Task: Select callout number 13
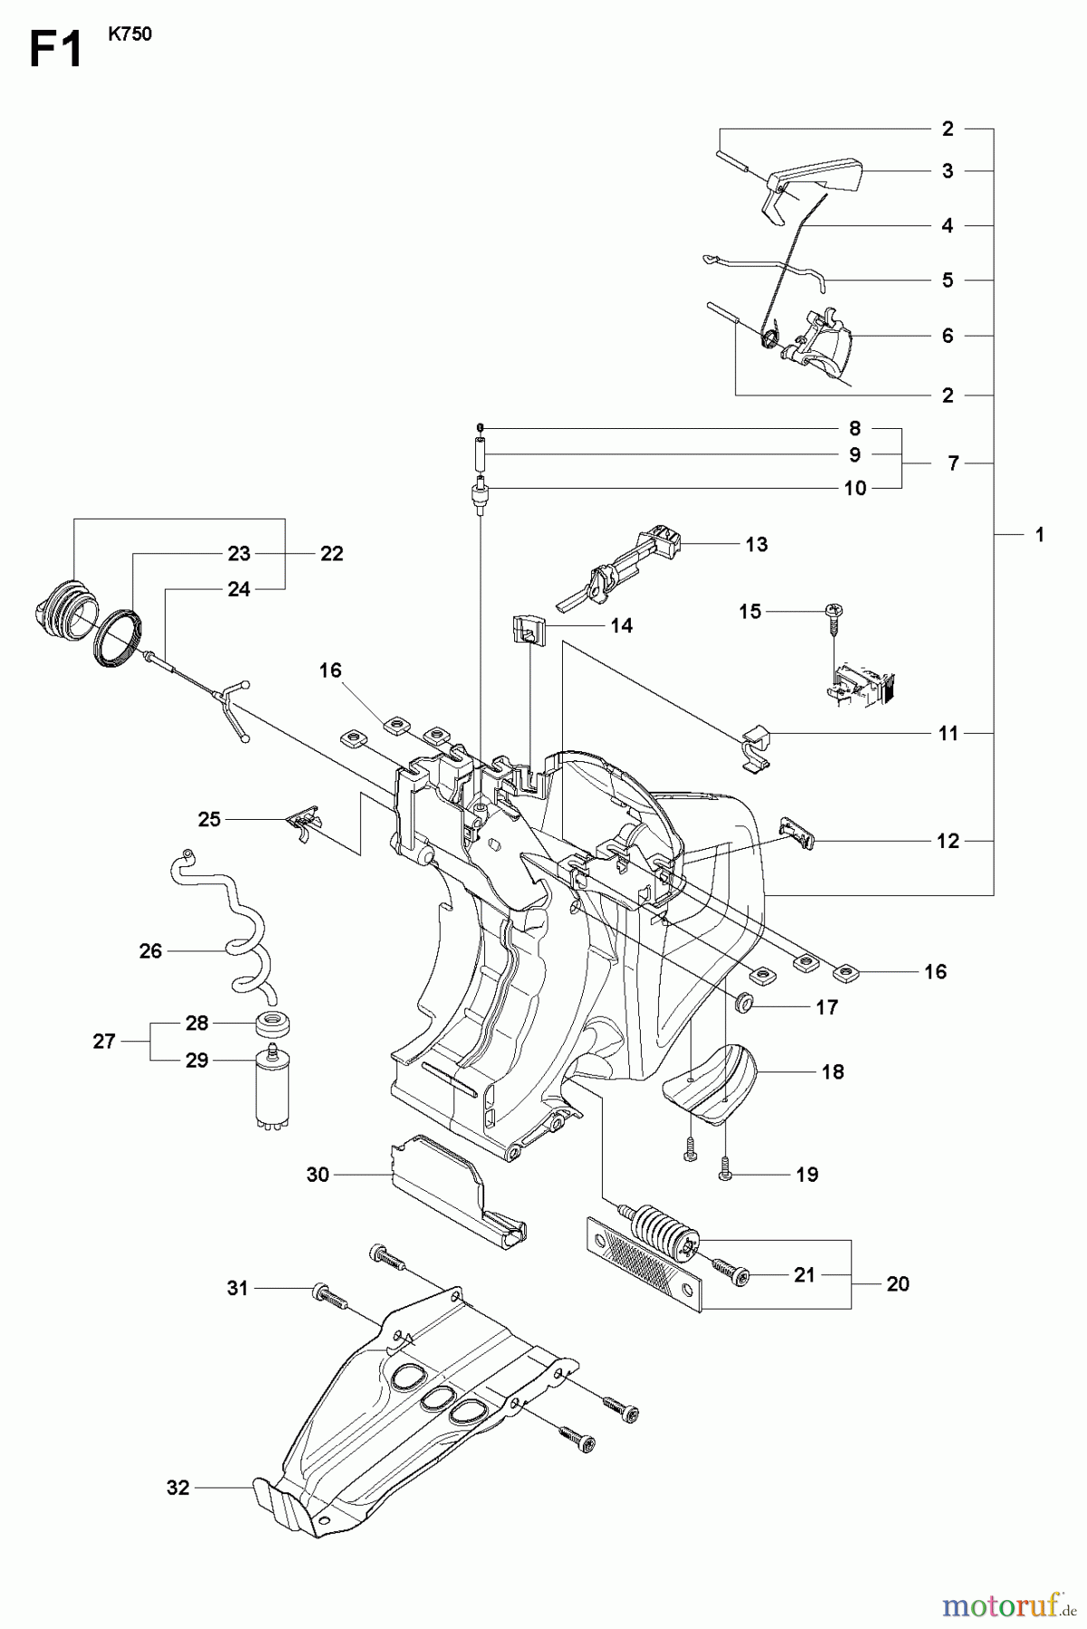point(757,544)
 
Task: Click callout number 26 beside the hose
point(150,950)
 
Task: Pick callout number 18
point(832,1072)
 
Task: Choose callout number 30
point(317,1175)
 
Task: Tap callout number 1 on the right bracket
point(1039,535)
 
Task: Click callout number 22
point(332,553)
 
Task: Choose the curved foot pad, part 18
point(715,1084)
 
